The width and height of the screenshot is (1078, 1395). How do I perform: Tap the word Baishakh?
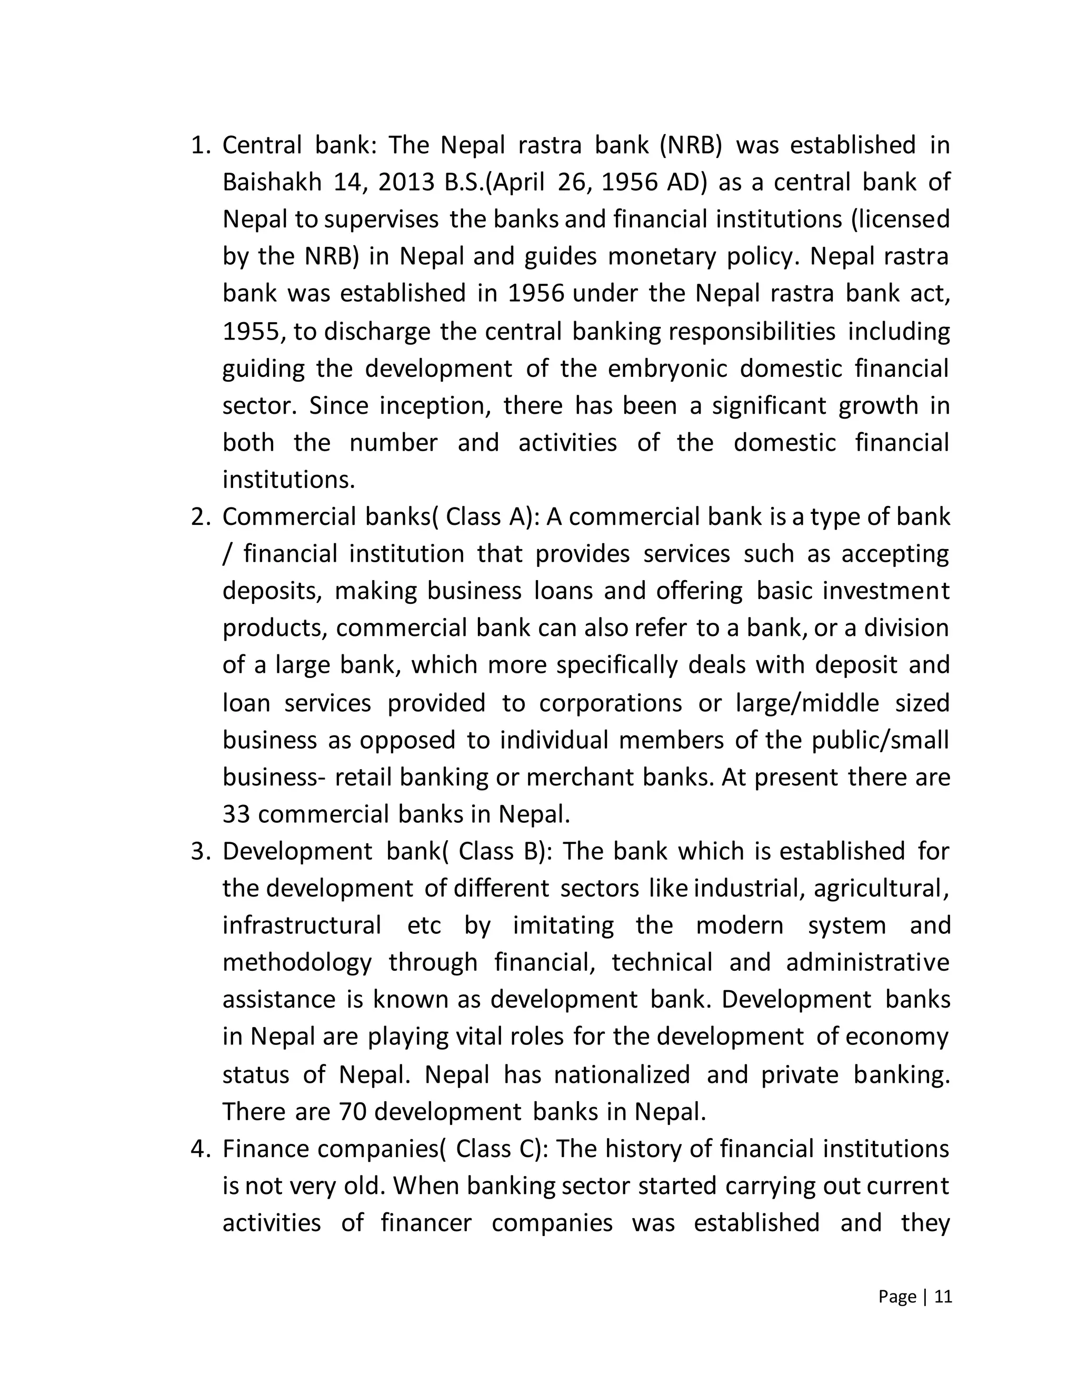coord(272,183)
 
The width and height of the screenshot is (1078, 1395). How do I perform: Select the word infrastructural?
coord(302,925)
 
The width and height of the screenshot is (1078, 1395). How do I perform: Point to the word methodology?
coord(297,963)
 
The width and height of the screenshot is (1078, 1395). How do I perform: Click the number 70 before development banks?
coord(353,1112)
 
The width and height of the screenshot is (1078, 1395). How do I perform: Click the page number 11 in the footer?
coord(943,1297)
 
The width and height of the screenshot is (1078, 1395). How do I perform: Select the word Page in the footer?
coord(897,1297)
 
